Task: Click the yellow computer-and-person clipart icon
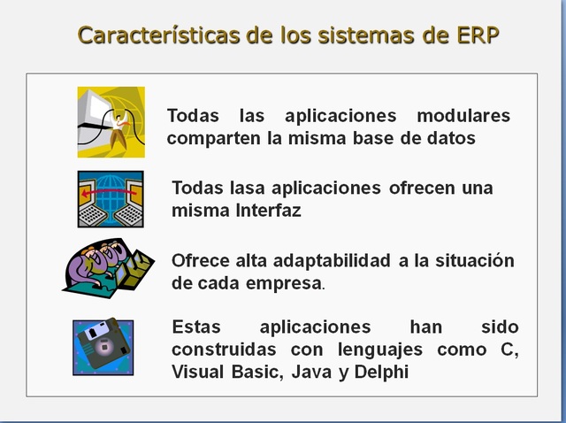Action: (x=111, y=121)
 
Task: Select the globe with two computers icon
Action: (x=110, y=199)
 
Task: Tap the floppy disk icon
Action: (x=103, y=347)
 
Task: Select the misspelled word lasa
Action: (x=249, y=188)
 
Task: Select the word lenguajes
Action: (x=381, y=350)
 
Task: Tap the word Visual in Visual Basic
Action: (x=198, y=372)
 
